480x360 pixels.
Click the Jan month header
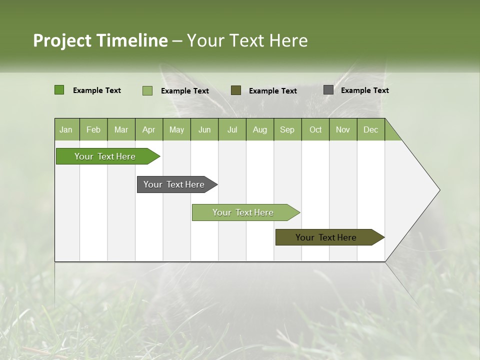tap(66, 130)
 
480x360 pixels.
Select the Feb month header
tap(93, 130)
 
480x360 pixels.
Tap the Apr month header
tap(148, 130)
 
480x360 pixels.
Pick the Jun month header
tap(204, 130)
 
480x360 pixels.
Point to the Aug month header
tap(259, 130)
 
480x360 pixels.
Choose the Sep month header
tap(287, 130)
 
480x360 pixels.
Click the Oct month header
tap(315, 130)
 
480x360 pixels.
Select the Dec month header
tap(370, 130)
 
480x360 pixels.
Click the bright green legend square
tap(59, 90)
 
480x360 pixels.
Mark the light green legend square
tap(147, 90)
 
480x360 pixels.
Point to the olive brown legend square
tap(236, 90)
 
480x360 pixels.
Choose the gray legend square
tap(328, 90)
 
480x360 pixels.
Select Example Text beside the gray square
tap(364, 90)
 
